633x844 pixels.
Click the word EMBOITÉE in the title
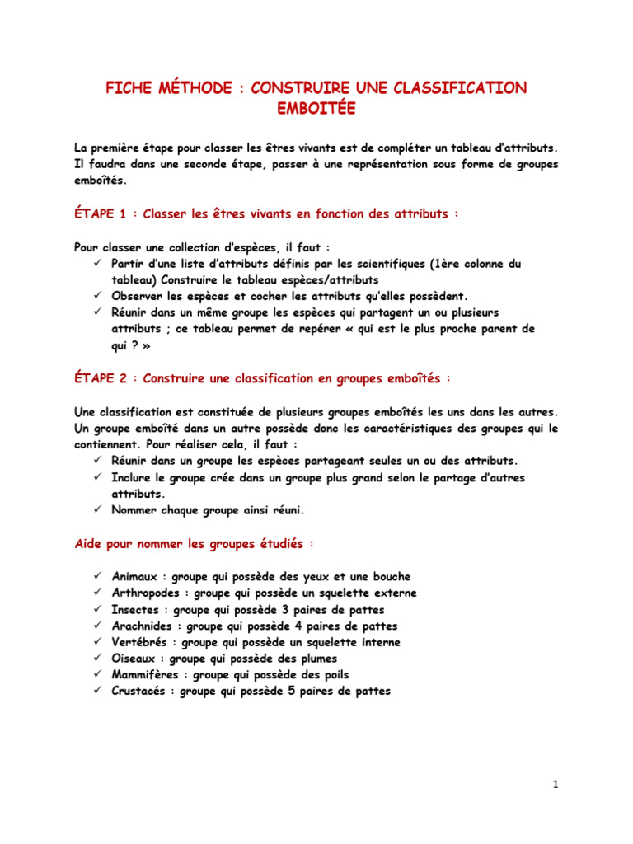click(316, 107)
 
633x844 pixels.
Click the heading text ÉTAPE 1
click(100, 214)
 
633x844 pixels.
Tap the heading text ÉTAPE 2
click(100, 379)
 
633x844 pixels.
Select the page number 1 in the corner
click(556, 785)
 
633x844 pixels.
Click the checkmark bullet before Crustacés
click(97, 692)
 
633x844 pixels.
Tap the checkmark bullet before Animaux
click(97, 576)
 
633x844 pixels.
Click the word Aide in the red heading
click(87, 545)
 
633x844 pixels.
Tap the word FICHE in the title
click(129, 88)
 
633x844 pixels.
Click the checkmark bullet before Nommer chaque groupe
click(97, 510)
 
